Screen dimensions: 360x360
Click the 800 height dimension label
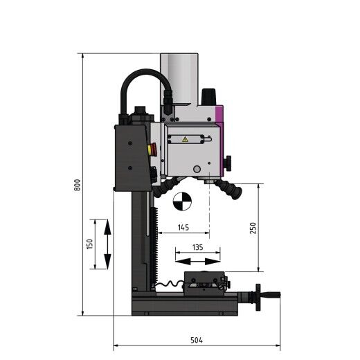point(77,186)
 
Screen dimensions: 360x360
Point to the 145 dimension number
point(183,227)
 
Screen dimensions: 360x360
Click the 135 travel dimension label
point(197,246)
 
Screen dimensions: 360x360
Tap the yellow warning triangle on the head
point(184,139)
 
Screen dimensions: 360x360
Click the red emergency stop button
point(153,147)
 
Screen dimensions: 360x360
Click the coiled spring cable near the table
point(168,284)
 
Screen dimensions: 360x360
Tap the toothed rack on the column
point(159,249)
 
